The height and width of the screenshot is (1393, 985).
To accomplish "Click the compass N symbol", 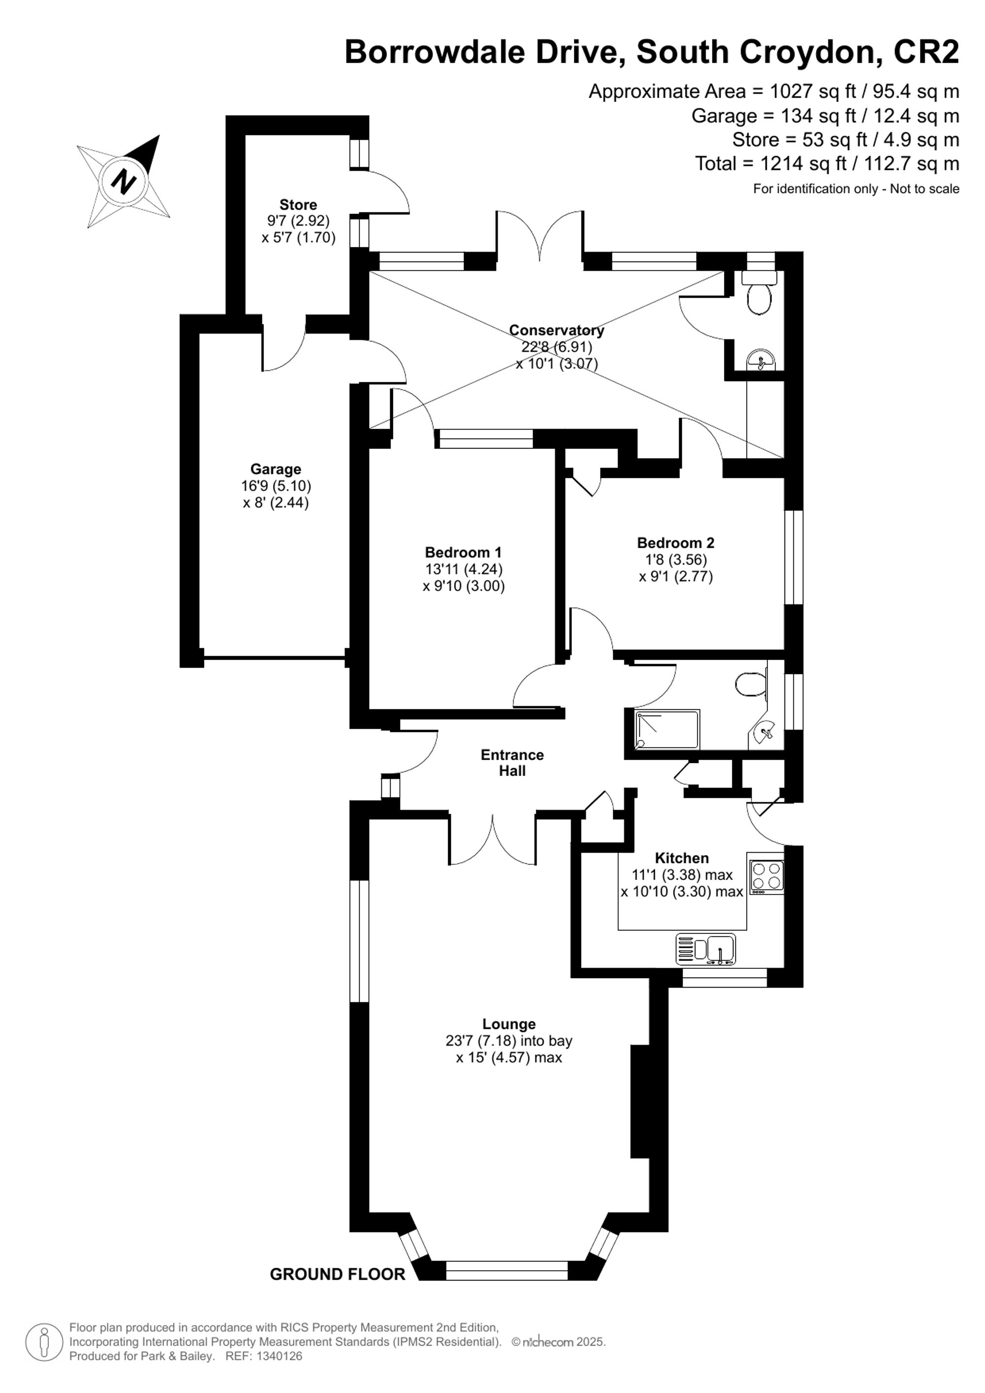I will [x=124, y=181].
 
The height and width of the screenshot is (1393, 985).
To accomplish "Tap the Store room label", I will [x=298, y=204].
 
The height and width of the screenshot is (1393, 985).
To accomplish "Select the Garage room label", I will [x=275, y=469].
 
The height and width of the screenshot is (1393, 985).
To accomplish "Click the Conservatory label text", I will [x=556, y=330].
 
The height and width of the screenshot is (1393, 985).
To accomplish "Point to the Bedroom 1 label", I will [x=463, y=552].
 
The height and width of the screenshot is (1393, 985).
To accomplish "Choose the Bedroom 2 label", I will [x=676, y=542].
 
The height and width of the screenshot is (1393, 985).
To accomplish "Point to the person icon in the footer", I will [x=44, y=1342].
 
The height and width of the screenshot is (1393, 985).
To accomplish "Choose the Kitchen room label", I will [x=681, y=858].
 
